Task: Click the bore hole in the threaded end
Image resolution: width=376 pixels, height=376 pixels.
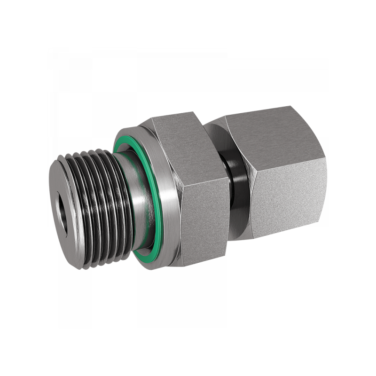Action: tap(62, 214)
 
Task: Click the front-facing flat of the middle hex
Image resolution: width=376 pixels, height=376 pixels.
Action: tap(204, 211)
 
